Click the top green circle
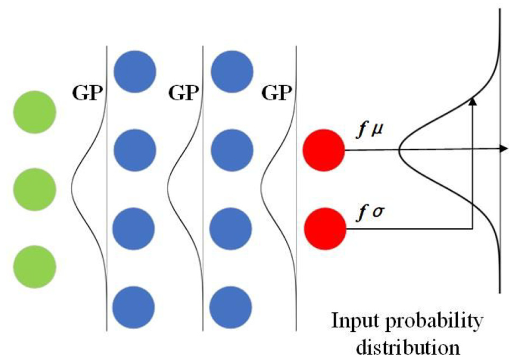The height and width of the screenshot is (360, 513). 35,112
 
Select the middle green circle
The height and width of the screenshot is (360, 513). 35,190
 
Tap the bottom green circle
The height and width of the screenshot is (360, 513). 35,267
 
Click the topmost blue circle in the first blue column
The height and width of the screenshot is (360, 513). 135,71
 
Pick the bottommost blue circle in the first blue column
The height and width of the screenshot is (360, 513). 133,307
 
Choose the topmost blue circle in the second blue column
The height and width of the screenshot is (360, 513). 232,71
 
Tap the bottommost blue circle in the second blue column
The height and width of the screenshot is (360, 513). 231,307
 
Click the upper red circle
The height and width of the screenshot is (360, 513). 324,150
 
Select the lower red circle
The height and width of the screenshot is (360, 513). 325,229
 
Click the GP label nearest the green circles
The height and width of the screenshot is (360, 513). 87,93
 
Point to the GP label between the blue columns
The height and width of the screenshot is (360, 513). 184,93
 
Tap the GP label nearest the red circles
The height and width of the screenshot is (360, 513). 277,93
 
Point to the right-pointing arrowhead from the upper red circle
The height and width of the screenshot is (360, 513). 504,149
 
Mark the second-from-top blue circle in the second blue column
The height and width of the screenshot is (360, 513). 232,150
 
